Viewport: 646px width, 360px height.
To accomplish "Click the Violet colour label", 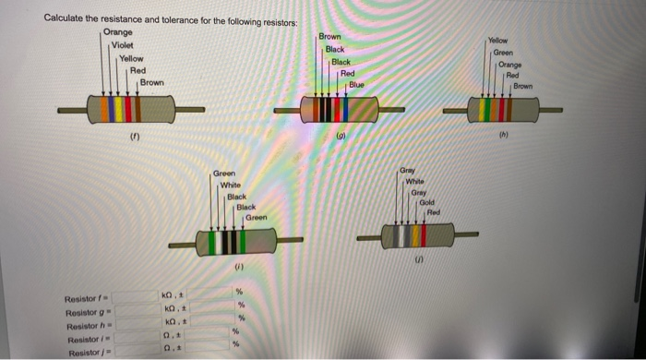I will click(124, 45).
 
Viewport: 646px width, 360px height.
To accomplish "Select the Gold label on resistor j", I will click(425, 201).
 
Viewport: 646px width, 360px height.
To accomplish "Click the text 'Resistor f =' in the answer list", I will click(85, 298).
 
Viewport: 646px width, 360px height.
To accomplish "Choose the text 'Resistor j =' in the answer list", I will click(85, 353).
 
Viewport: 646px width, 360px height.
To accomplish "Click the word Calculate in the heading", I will click(67, 18).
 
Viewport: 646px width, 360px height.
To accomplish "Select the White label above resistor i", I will click(231, 185).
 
